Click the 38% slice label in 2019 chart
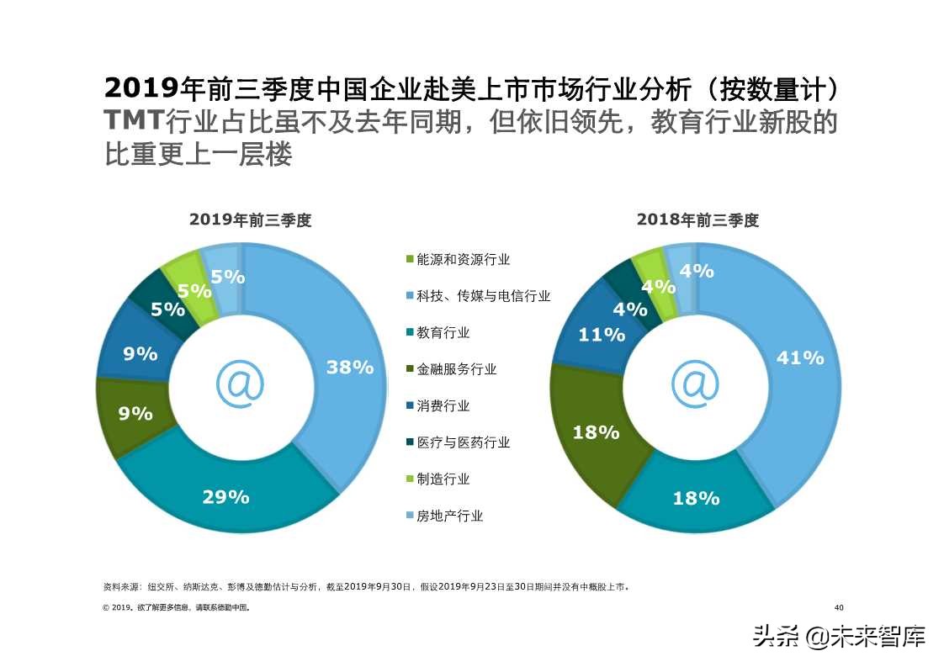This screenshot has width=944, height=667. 350,368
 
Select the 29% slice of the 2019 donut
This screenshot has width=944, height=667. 225,497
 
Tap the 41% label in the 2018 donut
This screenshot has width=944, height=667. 799,358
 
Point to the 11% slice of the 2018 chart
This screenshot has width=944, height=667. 602,335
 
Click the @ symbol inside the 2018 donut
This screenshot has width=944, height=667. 695,384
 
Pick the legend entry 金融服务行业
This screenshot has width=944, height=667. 456,369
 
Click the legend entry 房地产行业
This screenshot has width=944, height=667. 449,516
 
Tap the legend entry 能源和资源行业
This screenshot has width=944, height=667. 463,260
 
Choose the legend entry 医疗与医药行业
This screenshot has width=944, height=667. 463,442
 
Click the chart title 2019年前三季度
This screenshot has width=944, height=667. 251,220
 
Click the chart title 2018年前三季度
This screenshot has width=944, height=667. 697,220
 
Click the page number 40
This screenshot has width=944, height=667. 838,607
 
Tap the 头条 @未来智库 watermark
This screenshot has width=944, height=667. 838,636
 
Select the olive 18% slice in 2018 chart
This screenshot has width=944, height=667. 596,432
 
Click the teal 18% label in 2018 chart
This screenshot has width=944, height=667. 696,498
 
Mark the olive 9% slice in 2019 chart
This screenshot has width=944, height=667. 135,413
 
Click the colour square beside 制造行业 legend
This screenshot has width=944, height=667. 410,479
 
